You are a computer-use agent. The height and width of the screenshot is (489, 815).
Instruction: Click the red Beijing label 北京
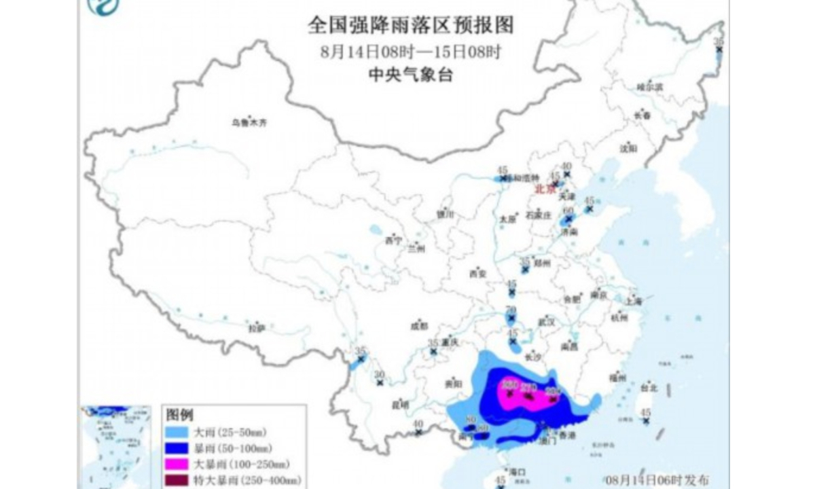(545, 190)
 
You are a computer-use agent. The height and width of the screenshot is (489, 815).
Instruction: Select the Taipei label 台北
(649, 388)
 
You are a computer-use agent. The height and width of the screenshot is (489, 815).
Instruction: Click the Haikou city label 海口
(518, 471)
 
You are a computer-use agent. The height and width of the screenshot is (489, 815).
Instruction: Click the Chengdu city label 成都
(420, 325)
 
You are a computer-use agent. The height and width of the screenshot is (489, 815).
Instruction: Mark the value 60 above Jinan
(568, 211)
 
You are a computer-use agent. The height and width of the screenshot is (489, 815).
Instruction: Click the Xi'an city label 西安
(478, 274)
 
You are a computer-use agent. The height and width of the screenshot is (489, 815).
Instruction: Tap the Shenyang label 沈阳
(628, 147)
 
